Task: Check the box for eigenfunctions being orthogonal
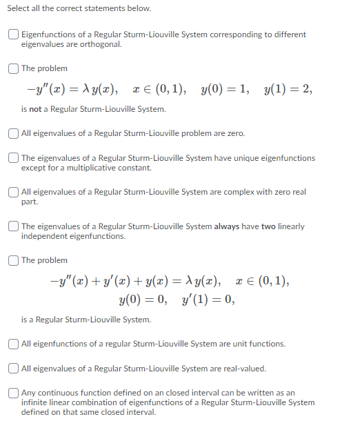(14, 35)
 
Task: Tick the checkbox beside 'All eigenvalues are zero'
(14, 133)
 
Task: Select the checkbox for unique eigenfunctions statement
(14, 158)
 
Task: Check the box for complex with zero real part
(14, 192)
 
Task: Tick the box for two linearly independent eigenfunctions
(14, 226)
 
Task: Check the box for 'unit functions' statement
(14, 344)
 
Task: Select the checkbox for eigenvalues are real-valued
(14, 369)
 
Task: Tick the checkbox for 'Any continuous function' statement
(14, 393)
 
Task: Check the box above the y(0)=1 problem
(14, 68)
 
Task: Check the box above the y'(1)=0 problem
(14, 260)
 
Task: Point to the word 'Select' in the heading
(28, 8)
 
